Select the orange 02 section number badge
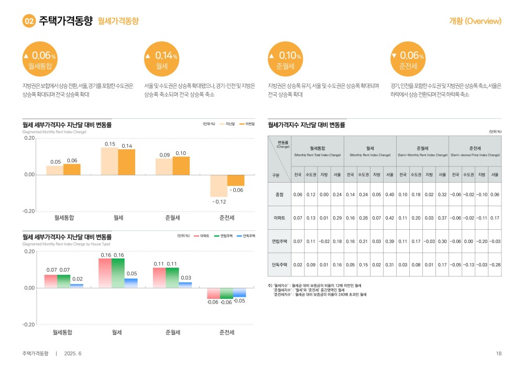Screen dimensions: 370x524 tap(29, 21)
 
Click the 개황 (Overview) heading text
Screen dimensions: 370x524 tap(475, 21)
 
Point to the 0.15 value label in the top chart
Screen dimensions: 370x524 tap(110, 144)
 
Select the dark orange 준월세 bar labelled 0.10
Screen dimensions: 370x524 tap(181, 165)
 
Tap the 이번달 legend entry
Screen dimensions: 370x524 tap(247, 124)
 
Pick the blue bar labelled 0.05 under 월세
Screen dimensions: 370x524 tap(131, 283)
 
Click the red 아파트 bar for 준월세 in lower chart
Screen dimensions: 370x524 tap(159, 277)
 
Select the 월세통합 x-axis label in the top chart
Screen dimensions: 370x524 tap(64, 217)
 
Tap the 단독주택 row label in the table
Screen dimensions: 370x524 tap(279, 265)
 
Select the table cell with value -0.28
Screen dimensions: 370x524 tap(495, 265)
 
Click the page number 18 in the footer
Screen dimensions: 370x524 tap(499, 353)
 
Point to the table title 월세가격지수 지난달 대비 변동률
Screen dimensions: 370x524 tap(307, 125)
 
